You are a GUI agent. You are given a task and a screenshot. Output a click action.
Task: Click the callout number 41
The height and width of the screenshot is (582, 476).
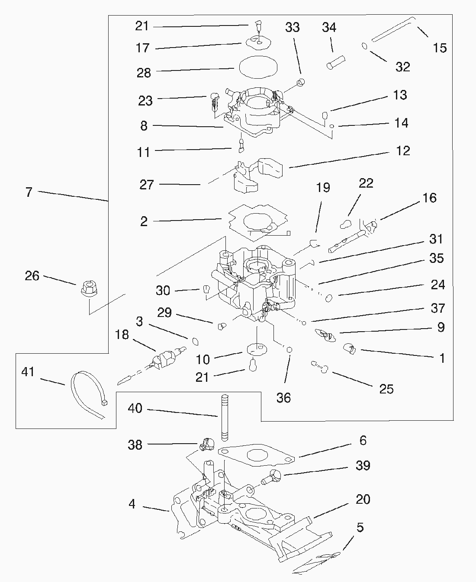coord(28,371)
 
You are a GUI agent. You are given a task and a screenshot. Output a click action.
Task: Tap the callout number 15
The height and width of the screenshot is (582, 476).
coord(440,48)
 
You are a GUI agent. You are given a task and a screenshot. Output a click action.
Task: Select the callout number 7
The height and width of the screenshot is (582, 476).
coord(29,192)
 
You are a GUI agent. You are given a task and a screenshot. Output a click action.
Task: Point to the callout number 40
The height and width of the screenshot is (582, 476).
coord(135,408)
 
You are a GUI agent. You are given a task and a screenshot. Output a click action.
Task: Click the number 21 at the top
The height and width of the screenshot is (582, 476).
coord(142,26)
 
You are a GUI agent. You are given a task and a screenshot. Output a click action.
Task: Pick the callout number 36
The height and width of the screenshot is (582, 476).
coord(283,397)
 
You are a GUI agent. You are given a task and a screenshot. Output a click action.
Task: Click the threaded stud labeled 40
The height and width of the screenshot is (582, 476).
coord(225,415)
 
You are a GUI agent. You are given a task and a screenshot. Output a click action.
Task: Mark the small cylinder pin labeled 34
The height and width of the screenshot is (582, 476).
coord(334,61)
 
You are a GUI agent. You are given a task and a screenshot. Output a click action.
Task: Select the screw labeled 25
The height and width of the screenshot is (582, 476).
coord(321,367)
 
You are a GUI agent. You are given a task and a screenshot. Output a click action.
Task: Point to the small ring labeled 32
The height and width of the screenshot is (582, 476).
coord(365,46)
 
